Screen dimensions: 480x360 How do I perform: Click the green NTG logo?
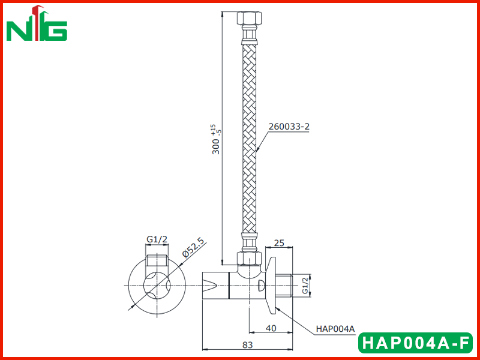pos(37,23)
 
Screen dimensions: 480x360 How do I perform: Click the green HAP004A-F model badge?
pos(415,343)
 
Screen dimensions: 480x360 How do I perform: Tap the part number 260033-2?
pos(289,127)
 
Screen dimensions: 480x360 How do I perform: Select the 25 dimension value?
pos(279,243)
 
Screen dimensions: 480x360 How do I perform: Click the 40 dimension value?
pos(271,328)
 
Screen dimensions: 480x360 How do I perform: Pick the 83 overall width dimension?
pos(248,345)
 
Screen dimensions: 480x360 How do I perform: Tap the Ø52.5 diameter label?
pos(193,247)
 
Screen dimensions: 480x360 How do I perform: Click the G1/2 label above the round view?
pos(157,239)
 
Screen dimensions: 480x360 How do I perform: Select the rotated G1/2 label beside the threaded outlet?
pos(305,286)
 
